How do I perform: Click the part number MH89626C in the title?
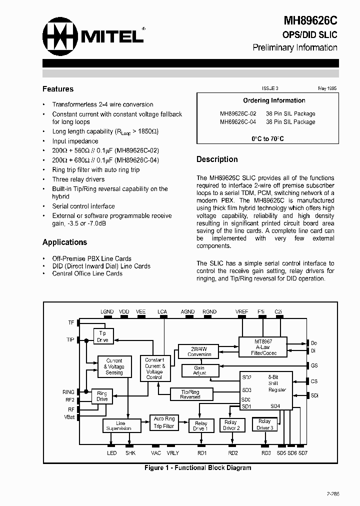(x=310, y=20)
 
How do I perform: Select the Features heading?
(x=58, y=89)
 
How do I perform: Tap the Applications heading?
(x=64, y=242)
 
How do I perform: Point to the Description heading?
(x=217, y=159)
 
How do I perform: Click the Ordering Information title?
(x=274, y=100)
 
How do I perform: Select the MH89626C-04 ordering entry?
(x=238, y=121)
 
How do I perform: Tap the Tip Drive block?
(x=103, y=336)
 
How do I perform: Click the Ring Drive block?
(x=102, y=396)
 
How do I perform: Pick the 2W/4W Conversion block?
(x=199, y=351)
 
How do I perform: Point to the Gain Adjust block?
(x=199, y=370)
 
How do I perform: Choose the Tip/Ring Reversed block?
(x=189, y=394)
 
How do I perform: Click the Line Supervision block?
(x=120, y=425)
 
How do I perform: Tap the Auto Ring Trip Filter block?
(x=164, y=422)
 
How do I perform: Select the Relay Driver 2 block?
(x=231, y=425)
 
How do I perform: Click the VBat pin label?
(x=69, y=416)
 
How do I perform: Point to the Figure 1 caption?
(x=197, y=468)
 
